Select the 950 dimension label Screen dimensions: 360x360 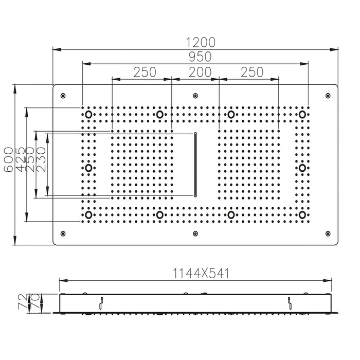(195, 57)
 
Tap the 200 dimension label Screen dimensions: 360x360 (195, 73)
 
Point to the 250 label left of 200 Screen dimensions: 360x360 (145, 73)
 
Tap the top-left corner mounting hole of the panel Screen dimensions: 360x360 (63, 96)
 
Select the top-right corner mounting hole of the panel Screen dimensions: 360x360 (328, 96)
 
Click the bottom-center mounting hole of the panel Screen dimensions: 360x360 (195, 233)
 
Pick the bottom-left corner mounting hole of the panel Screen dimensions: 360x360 (63, 233)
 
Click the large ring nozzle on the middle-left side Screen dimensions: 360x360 (88, 168)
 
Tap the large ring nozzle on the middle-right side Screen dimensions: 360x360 (302, 168)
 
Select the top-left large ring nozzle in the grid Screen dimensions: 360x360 (88, 114)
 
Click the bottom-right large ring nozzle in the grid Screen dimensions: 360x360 (302, 214)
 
